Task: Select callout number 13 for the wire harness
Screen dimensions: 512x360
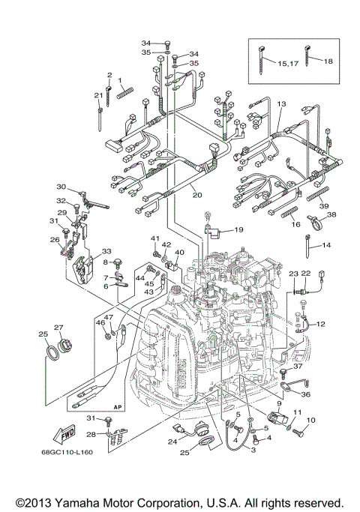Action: (281, 103)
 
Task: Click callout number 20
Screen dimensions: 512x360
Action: (197, 195)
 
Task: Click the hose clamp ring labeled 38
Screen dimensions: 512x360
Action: (316, 222)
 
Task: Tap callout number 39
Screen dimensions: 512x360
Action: (324, 205)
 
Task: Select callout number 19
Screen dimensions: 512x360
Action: (238, 229)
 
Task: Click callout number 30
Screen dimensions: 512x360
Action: (61, 187)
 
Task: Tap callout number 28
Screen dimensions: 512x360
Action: (90, 434)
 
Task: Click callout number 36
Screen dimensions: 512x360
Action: (306, 394)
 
